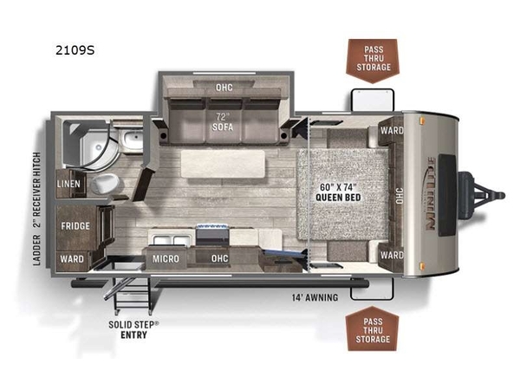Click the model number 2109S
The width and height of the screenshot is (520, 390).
75,50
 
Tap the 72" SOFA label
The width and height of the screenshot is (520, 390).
223,121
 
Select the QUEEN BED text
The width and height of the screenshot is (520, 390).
338,198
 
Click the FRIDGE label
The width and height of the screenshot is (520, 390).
75,226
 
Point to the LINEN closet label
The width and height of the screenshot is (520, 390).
68,184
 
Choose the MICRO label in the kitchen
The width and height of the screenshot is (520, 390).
166,258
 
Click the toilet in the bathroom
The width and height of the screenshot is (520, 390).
105,184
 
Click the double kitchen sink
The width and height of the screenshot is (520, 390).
172,240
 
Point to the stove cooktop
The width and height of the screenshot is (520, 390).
212,234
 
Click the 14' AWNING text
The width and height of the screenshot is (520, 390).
315,297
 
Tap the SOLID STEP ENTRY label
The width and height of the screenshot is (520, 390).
133,329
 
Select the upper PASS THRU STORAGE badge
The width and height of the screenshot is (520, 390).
373,61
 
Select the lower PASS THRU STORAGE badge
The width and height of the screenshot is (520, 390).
372,328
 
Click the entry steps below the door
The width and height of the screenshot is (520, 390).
133,294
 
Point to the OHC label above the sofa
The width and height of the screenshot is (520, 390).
224,88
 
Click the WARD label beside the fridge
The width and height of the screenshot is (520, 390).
72,258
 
